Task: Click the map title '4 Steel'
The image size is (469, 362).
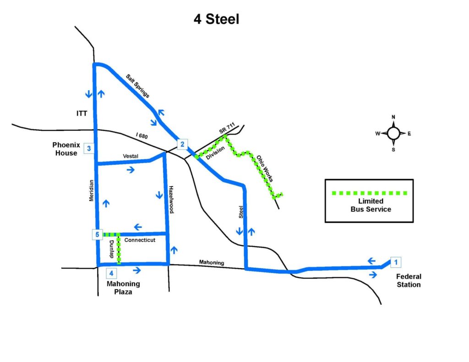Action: (x=216, y=19)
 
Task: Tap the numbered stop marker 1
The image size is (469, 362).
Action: (x=396, y=262)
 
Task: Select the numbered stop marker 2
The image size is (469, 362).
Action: (x=182, y=144)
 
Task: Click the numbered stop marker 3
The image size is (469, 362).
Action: (x=89, y=148)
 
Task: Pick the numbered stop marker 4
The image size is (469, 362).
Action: (x=111, y=273)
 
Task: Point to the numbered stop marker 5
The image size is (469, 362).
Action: (x=97, y=234)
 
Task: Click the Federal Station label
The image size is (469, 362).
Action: (x=409, y=281)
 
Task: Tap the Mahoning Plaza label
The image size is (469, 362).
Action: (x=123, y=287)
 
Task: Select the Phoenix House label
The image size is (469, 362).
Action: (x=66, y=149)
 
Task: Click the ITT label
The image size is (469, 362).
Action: (x=82, y=113)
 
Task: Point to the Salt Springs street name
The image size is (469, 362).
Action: (x=137, y=86)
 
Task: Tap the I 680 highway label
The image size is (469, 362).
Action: (x=142, y=136)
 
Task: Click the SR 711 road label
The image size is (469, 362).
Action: (x=227, y=128)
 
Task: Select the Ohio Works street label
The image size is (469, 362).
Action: (x=265, y=168)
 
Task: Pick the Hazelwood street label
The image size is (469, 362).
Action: (x=171, y=200)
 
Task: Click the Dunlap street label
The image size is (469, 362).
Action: (x=111, y=249)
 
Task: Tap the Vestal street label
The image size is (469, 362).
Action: (x=131, y=156)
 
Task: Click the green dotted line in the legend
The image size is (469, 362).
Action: (x=370, y=193)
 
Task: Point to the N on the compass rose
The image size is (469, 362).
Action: (x=393, y=117)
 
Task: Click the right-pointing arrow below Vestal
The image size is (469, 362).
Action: (x=131, y=170)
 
